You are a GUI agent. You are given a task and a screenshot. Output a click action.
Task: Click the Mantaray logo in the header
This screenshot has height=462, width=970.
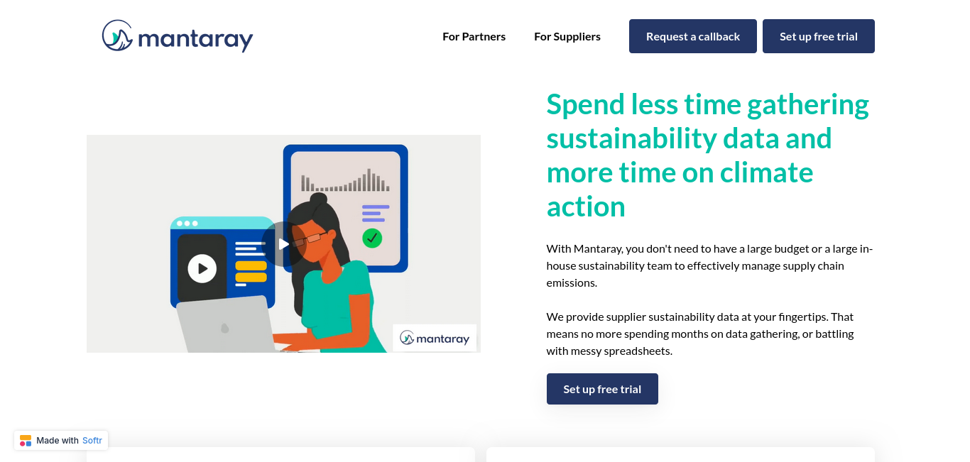[178, 36]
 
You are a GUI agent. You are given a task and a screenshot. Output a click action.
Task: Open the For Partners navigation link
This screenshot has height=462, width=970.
[474, 37]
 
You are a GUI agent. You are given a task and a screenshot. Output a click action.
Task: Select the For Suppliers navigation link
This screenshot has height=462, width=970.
[567, 37]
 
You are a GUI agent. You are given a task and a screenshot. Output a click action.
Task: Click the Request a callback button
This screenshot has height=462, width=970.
[693, 36]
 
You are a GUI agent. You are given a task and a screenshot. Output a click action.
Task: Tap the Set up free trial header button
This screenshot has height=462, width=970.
[819, 36]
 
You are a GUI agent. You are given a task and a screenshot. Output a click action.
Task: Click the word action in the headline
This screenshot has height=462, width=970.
[586, 207]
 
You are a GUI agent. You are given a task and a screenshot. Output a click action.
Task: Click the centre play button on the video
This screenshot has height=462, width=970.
[283, 244]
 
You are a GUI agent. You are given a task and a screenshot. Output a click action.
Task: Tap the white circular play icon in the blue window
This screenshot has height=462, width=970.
[202, 269]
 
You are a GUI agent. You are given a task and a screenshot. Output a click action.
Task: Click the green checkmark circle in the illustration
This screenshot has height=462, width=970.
[372, 238]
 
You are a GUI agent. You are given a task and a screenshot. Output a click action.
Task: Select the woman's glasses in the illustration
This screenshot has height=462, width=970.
[310, 238]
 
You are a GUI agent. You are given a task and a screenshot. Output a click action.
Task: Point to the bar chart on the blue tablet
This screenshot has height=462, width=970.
[346, 180]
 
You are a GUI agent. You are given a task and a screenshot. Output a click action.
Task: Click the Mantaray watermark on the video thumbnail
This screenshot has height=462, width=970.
[435, 338]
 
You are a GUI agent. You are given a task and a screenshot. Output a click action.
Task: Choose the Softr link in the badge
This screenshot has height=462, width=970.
[92, 441]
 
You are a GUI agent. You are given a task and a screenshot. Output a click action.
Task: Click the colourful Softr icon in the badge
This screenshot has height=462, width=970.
[26, 441]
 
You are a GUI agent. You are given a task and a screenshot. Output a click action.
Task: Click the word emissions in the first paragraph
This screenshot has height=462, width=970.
[572, 283]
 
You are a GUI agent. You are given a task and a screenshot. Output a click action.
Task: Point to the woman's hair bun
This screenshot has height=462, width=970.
[319, 199]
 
